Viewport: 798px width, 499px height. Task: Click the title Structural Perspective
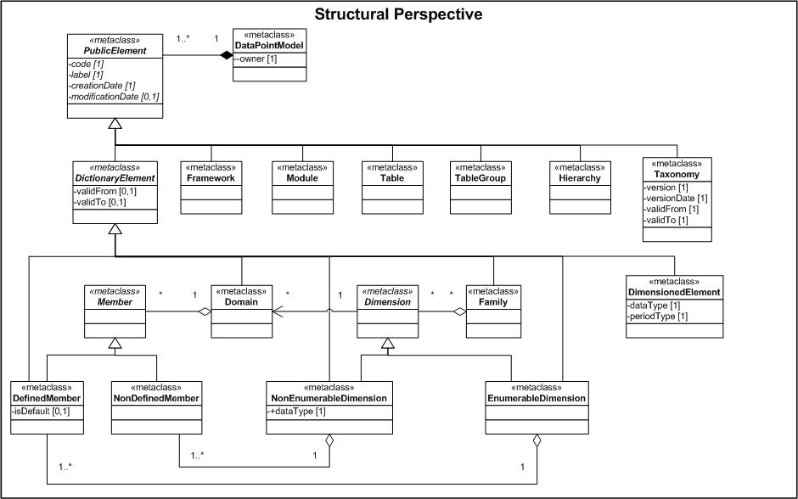click(398, 14)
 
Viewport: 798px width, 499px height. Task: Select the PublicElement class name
click(114, 50)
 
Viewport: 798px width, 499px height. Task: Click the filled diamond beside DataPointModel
click(226, 56)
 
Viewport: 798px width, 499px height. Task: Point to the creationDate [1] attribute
click(102, 86)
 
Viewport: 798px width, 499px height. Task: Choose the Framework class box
click(211, 183)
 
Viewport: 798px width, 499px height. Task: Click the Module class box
click(302, 183)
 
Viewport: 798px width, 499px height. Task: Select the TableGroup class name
click(480, 178)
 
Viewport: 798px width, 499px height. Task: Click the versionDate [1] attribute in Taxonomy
click(677, 198)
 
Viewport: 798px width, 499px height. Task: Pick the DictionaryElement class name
click(114, 178)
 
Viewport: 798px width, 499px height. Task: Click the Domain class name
click(242, 301)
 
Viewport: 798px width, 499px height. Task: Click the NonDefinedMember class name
click(155, 397)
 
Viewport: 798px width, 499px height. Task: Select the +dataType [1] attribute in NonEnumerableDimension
click(300, 412)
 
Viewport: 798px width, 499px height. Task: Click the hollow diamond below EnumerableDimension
click(537, 441)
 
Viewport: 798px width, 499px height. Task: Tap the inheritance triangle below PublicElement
click(114, 124)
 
